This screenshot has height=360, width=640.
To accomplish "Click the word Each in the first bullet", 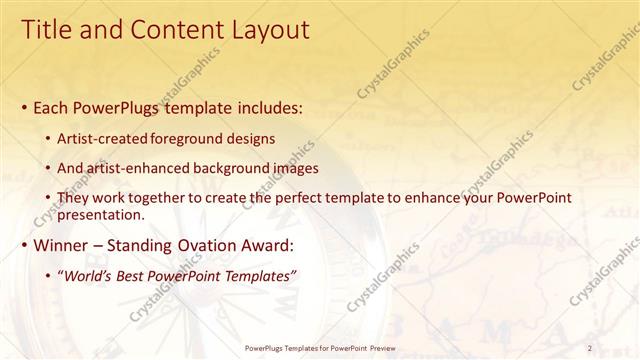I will [x=52, y=107].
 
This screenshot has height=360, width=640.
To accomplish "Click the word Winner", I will [x=61, y=244].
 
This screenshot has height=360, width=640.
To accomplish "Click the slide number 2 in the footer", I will [x=590, y=348].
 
